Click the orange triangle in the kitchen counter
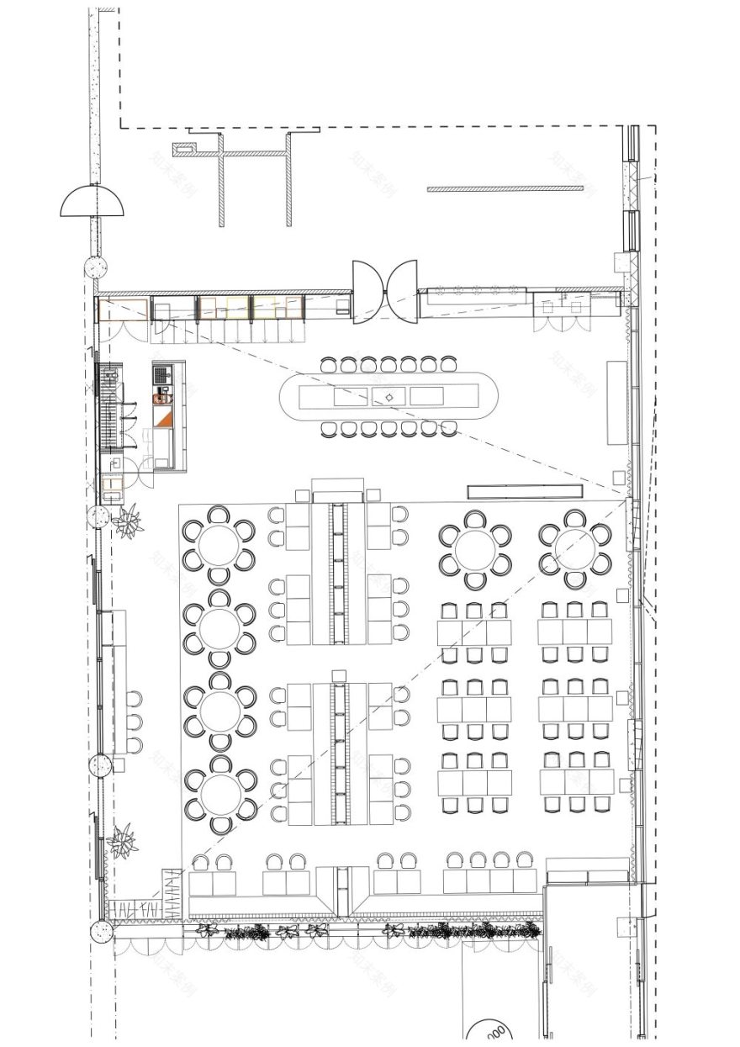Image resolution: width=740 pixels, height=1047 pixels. coord(164,416)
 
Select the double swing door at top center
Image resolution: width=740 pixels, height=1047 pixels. coord(385,291)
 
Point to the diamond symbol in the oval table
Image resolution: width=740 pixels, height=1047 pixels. coord(389,397)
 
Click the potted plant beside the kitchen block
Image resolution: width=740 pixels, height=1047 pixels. coord(129,521)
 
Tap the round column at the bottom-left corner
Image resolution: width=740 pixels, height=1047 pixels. coord(101,931)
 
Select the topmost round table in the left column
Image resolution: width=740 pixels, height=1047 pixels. coord(219,545)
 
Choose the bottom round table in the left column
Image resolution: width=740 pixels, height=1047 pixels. coord(220,795)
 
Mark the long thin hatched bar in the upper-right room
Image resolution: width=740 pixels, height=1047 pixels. coord(505,189)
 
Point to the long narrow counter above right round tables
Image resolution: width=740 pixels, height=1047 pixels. coord(526,491)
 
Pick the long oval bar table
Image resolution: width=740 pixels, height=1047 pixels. coord(388,397)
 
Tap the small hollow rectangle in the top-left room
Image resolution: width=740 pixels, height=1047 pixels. coord(183,150)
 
